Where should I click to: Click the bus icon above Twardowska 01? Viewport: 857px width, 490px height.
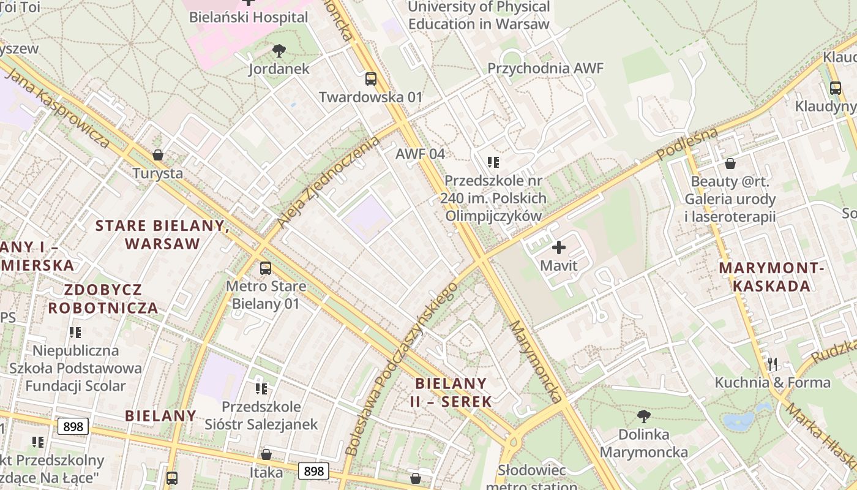pos(371,78)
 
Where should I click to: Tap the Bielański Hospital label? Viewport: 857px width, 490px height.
pos(249,17)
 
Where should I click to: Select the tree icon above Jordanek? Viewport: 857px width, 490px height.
pos(279,50)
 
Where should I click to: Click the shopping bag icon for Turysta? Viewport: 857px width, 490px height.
pos(158,155)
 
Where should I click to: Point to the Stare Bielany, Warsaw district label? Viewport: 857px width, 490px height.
pos(163,235)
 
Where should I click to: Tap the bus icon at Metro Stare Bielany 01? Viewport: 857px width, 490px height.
pos(265,268)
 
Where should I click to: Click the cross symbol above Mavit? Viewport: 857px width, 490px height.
pos(558,247)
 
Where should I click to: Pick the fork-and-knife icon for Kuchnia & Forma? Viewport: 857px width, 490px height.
pos(773,364)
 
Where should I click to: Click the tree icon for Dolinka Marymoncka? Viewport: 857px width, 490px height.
pos(643,417)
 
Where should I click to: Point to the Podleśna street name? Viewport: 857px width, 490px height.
pos(687,144)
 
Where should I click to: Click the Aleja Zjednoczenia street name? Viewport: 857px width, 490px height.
pos(328,183)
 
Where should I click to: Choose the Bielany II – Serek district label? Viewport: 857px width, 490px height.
pos(452,393)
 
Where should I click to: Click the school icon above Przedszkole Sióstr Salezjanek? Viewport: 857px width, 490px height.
pos(262,388)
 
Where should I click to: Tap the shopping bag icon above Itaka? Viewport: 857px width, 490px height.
pos(266,454)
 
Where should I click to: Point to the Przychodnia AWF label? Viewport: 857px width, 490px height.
pos(545,68)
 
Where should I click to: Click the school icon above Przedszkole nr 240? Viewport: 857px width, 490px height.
pos(493,162)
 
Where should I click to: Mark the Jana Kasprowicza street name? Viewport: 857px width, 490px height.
pos(58,107)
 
